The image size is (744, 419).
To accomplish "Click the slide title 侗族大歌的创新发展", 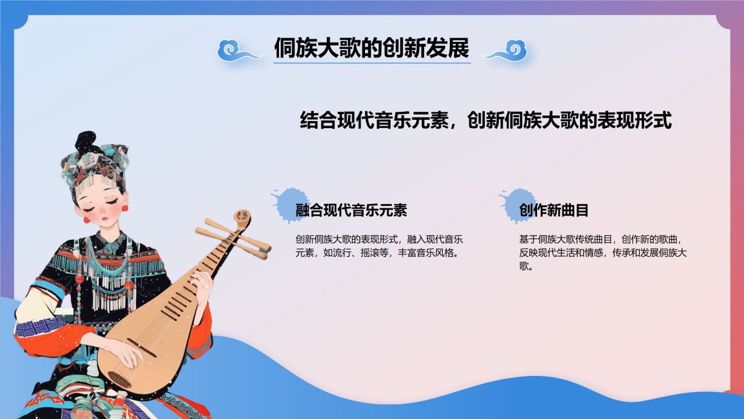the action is point(371,48).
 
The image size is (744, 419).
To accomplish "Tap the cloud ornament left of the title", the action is point(239,52).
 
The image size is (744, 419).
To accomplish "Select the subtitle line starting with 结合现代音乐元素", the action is point(485,120).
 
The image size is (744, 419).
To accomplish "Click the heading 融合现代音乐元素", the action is point(352,210).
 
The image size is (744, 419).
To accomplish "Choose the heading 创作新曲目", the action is point(554,210).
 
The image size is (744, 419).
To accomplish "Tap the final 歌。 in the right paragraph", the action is point(526,267).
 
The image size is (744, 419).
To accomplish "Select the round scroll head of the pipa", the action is point(242,218).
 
